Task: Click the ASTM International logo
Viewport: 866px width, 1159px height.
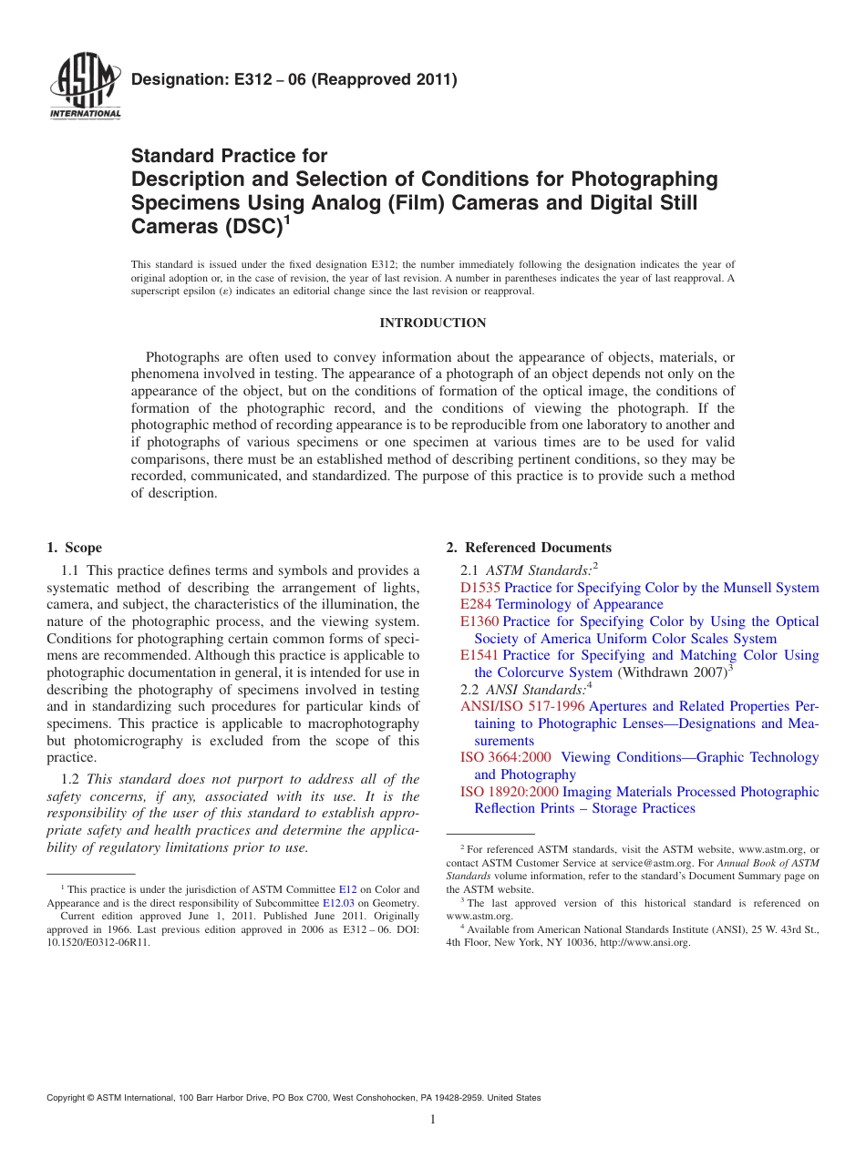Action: pos(84,87)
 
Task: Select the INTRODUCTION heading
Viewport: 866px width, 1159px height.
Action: pos(432,323)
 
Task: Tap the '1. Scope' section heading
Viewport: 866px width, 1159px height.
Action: pos(75,548)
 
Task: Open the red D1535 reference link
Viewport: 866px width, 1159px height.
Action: pos(479,588)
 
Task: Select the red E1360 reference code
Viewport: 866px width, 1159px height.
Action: pos(479,621)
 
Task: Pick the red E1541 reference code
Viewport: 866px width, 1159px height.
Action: pos(479,655)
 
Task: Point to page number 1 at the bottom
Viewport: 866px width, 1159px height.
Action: pos(433,1120)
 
